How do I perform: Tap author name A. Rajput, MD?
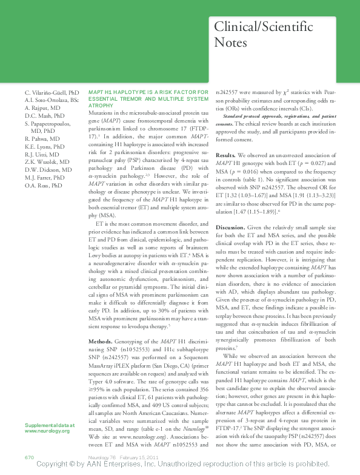43,107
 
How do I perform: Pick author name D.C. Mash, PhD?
44,115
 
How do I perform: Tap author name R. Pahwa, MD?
42,138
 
